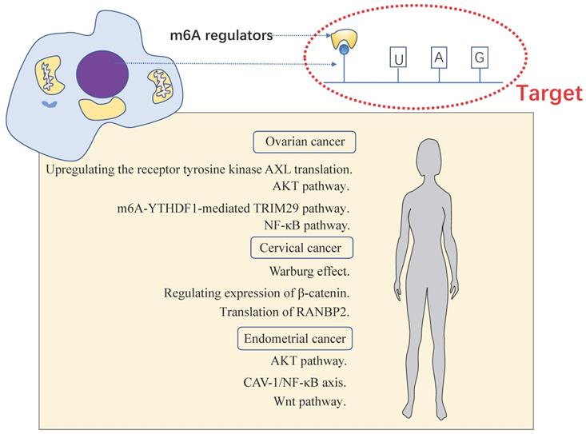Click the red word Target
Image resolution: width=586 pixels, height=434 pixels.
pos(547,94)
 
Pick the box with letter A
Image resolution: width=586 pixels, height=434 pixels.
pos(437,57)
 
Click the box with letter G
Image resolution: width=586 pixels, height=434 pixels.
pos(478,57)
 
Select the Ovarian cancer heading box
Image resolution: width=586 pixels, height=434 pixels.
pos(305,142)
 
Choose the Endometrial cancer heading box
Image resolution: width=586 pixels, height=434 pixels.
pos(295,340)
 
